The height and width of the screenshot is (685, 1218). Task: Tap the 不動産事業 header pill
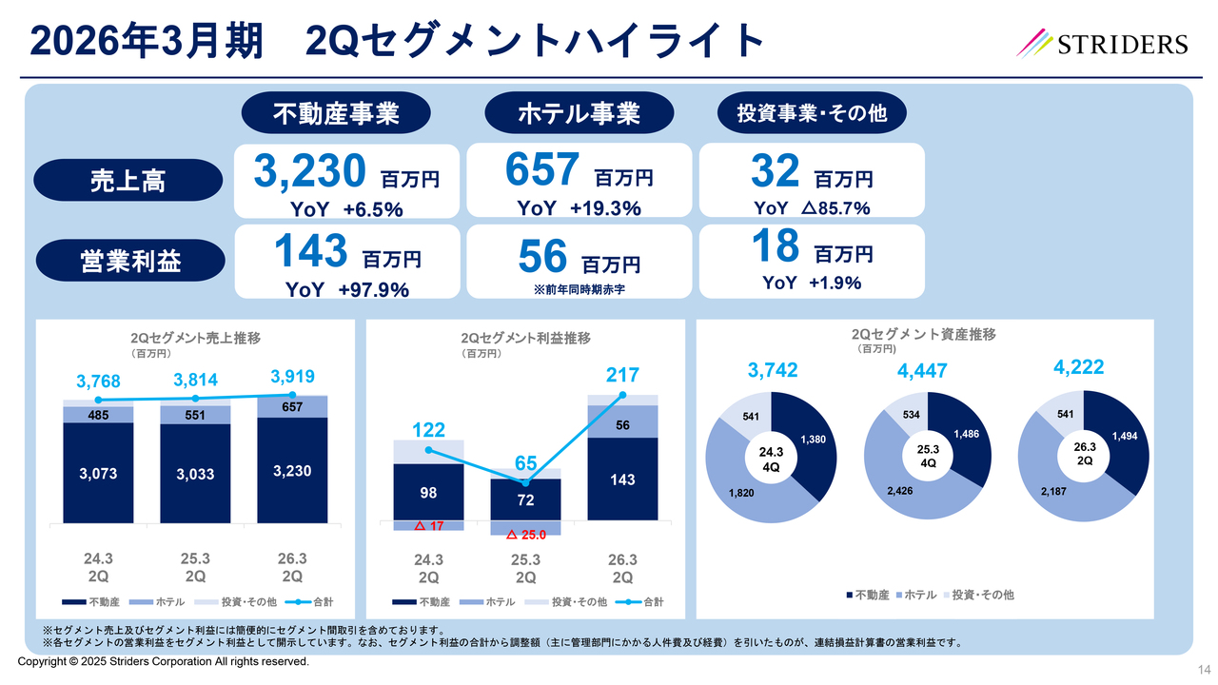[335, 114]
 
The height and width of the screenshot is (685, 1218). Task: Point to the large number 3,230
[309, 171]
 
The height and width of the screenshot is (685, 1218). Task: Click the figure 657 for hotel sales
[541, 171]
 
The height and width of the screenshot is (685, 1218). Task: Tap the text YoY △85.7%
[812, 208]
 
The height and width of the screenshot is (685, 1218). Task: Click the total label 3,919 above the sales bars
[292, 376]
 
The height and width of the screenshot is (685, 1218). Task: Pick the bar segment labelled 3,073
[98, 472]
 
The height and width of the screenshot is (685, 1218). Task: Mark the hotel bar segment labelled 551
[195, 415]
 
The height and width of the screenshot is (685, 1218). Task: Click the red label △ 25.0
[526, 535]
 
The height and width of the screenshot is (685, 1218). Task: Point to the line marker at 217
[623, 395]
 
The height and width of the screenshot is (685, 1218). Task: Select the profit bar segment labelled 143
[623, 479]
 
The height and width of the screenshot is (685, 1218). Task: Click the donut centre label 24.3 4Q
[772, 459]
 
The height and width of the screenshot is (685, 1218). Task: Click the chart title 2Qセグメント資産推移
[923, 335]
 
